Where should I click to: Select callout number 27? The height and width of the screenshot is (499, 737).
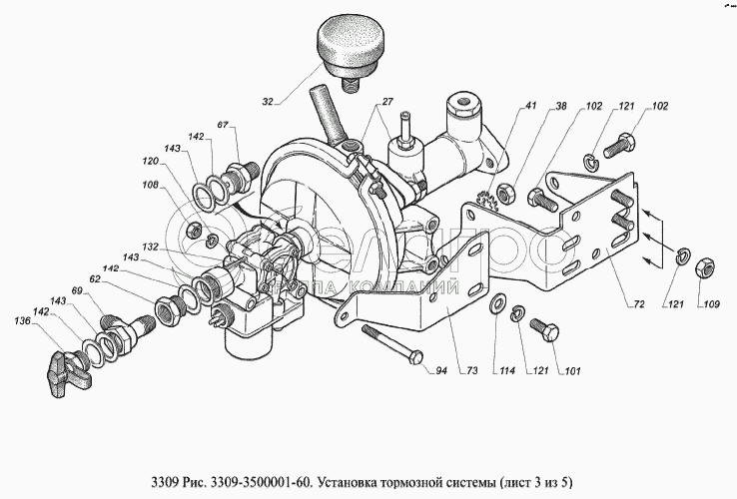point(386,103)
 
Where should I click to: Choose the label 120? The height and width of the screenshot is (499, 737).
point(149,161)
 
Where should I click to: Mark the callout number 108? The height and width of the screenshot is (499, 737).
point(149,184)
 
